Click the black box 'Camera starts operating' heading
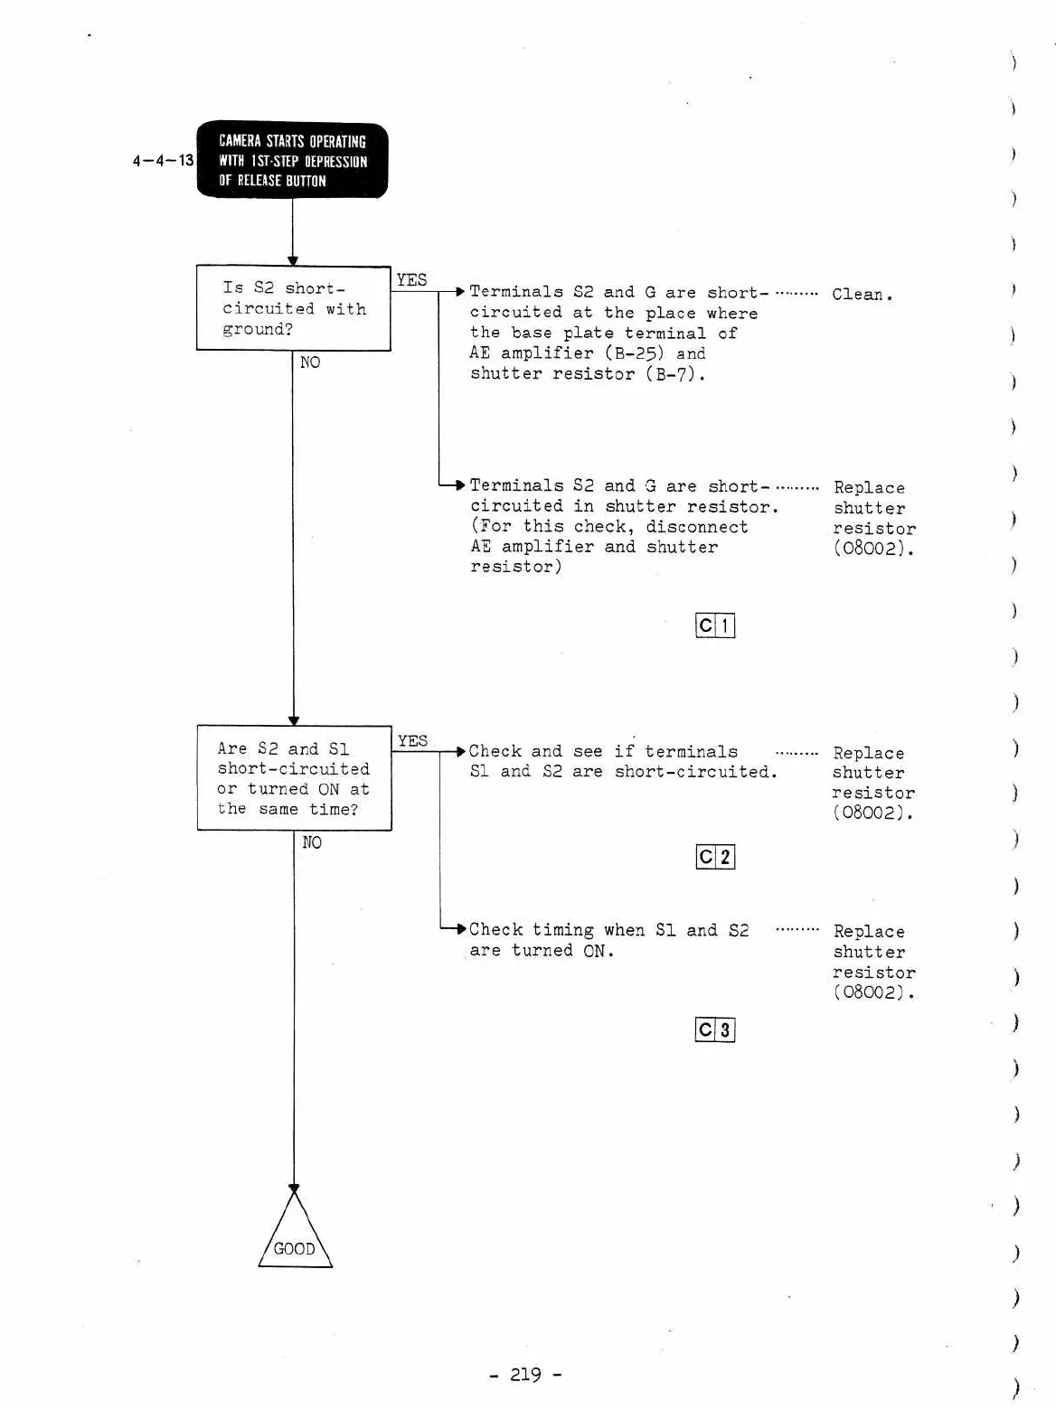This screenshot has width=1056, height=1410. coord(292,160)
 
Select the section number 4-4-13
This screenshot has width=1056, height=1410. coord(163,161)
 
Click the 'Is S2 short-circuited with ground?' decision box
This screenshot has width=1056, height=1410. coord(293,308)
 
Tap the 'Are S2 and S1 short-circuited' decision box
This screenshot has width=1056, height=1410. coord(294,778)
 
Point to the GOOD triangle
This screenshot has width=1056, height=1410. coord(295,1239)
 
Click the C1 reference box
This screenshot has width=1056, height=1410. coord(715,625)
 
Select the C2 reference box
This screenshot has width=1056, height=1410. coord(715,857)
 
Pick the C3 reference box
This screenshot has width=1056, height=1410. coord(715,1029)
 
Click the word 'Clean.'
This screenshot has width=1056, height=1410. coord(862,295)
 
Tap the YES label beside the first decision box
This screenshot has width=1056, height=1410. coord(411,280)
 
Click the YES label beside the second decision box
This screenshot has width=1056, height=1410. coord(412,741)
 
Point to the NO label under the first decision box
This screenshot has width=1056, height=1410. coord(310,362)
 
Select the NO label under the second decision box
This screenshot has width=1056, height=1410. coord(312,842)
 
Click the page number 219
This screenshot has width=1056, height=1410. coord(525,1375)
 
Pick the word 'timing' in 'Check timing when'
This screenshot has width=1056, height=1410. coord(562,930)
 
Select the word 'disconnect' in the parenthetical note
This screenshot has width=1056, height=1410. coord(697,527)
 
